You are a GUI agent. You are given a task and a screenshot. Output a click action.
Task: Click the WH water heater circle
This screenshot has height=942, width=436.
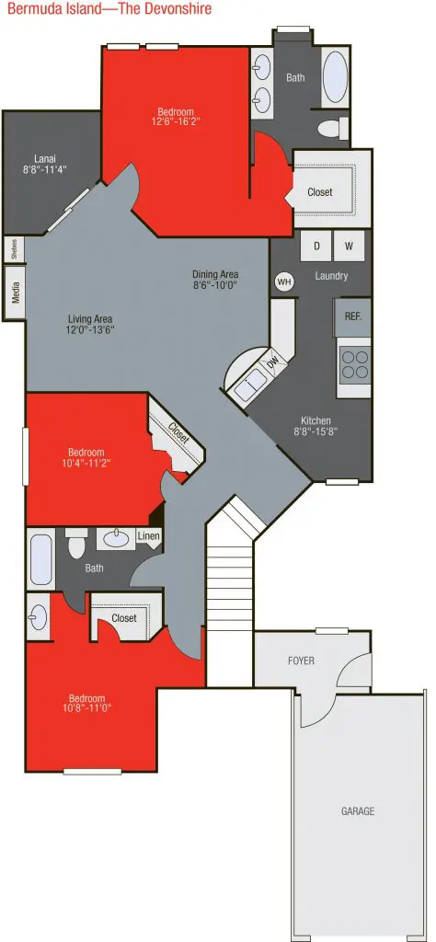[x=284, y=281]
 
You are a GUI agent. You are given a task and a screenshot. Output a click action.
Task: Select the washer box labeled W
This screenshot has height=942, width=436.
[x=349, y=247]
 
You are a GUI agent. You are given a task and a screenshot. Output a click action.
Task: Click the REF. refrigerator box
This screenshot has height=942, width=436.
[x=352, y=317]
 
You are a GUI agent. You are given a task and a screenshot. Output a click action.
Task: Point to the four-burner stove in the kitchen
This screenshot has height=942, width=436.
[x=354, y=364]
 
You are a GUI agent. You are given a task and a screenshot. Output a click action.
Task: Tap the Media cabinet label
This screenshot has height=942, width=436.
[x=16, y=293]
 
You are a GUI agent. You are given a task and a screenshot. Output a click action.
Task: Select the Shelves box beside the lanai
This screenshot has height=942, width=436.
[x=14, y=248]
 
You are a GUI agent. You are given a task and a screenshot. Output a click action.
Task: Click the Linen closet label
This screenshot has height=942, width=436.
[x=148, y=535]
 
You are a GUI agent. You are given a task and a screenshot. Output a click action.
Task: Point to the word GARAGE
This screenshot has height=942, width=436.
[x=357, y=811]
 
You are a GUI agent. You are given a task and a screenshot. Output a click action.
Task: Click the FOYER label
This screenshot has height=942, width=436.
[x=301, y=661]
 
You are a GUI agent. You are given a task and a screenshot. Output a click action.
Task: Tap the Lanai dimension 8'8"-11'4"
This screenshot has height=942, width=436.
[x=44, y=170]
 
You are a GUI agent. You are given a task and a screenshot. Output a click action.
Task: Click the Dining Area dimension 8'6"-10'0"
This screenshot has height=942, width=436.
[x=215, y=285]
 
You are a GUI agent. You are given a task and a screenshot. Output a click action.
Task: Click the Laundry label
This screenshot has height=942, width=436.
[x=331, y=276]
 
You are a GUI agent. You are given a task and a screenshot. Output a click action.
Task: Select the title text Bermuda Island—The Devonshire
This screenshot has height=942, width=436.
[x=109, y=9]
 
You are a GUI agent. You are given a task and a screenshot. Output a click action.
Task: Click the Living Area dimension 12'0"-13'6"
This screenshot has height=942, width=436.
[x=91, y=329]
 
